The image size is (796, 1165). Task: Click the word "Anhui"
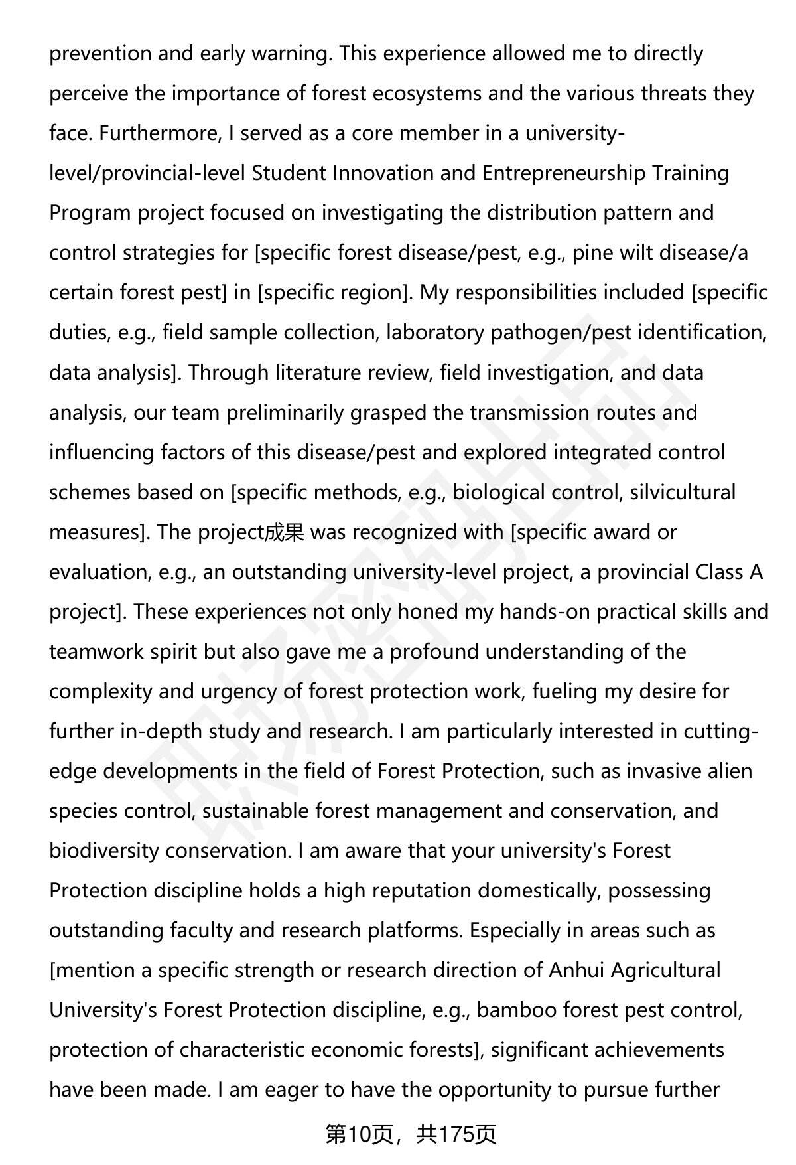coord(576,970)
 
